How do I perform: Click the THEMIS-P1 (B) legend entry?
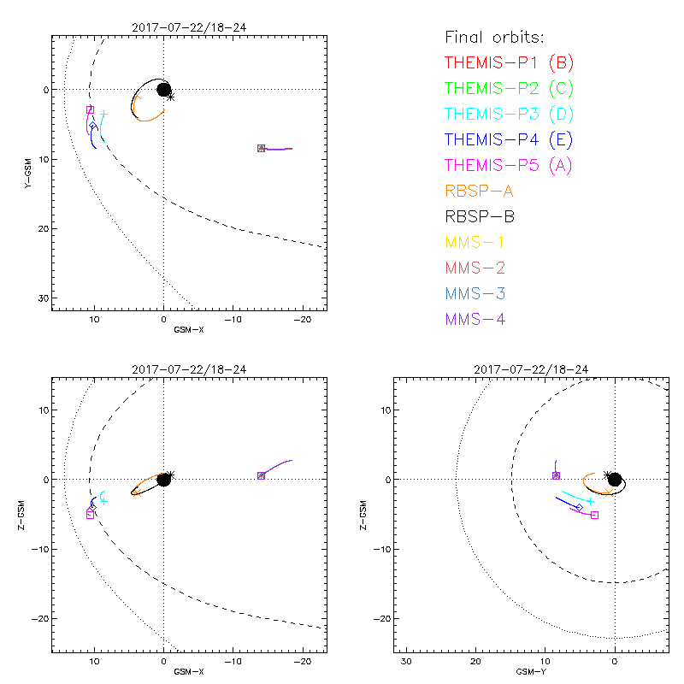(509, 62)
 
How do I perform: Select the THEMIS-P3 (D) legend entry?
(509, 114)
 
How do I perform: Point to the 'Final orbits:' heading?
(495, 37)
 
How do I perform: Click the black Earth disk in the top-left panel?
(163, 89)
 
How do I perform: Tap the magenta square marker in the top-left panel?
(90, 109)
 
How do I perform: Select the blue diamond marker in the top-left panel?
(92, 126)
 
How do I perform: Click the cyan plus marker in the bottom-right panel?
(590, 501)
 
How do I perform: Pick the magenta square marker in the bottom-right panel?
(594, 515)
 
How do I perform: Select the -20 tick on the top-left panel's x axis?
(302, 317)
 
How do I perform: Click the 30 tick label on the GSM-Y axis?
(407, 662)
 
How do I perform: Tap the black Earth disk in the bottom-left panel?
(163, 479)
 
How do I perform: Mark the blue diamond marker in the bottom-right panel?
(580, 508)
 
